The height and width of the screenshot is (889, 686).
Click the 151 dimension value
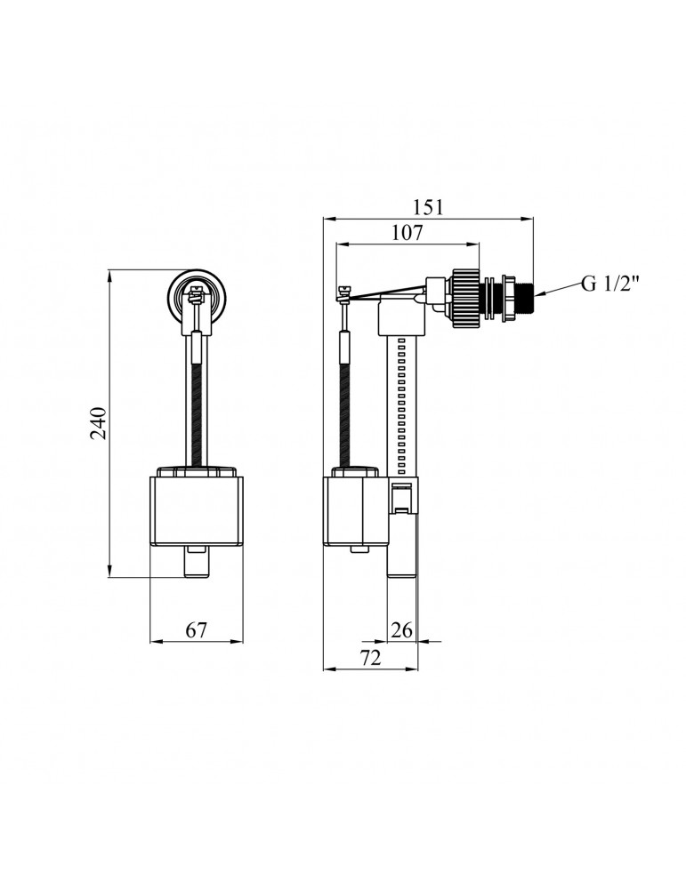pyautogui.click(x=427, y=207)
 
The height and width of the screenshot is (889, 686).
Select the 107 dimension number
pyautogui.click(x=408, y=232)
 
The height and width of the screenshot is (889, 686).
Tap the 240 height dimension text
pyautogui.click(x=99, y=423)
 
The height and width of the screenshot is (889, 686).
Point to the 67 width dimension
pyautogui.click(x=197, y=630)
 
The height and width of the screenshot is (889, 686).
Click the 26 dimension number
pyautogui.click(x=402, y=630)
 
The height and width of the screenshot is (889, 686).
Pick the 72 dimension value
pyautogui.click(x=370, y=658)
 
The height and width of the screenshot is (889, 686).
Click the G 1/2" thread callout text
pyautogui.click(x=610, y=283)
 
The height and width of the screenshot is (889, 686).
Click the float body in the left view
pyautogui.click(x=197, y=510)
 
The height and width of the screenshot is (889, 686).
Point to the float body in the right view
pyautogui.click(x=356, y=510)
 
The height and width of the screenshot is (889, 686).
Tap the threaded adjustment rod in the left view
pyautogui.click(x=197, y=414)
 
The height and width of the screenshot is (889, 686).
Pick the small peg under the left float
pyautogui.click(x=197, y=561)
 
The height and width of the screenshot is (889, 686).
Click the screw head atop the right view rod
pyautogui.click(x=343, y=292)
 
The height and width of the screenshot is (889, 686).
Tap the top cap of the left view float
pyautogui.click(x=197, y=472)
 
